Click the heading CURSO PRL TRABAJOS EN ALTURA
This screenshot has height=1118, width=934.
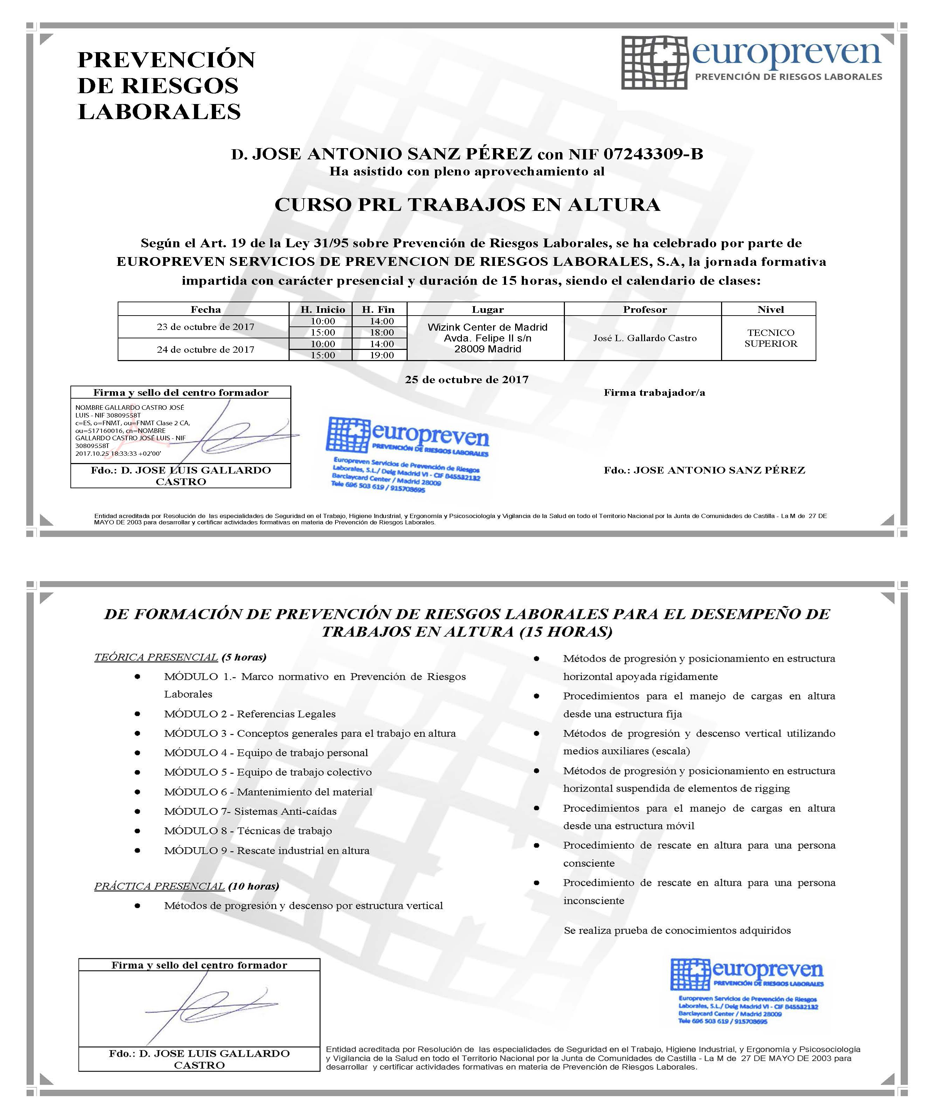(467, 205)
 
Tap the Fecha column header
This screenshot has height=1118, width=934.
(206, 309)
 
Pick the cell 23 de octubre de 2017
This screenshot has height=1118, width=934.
(206, 327)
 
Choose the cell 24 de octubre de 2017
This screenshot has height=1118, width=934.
(206, 350)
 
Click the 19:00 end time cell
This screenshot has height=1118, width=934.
(382, 355)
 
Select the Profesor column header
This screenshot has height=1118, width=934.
(644, 309)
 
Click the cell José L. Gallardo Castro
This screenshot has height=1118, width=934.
(644, 338)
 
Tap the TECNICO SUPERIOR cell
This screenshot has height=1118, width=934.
(770, 338)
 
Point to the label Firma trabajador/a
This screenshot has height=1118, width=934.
(654, 393)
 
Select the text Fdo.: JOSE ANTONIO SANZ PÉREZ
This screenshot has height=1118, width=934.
(704, 470)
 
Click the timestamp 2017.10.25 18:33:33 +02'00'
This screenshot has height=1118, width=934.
(118, 454)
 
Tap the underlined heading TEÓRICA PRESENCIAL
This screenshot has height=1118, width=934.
(156, 657)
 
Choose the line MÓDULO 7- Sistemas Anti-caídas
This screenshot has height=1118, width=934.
(250, 811)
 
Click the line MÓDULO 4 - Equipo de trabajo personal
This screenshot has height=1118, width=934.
(265, 753)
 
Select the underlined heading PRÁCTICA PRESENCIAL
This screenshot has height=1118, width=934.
(159, 886)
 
